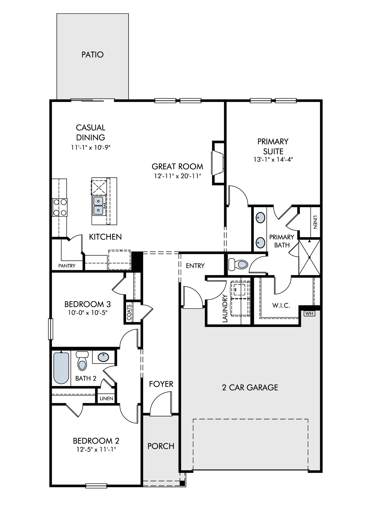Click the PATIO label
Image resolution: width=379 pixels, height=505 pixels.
[x=92, y=55]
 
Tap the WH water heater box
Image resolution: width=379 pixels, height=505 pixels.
[x=309, y=314]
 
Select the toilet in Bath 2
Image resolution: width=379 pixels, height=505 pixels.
[x=82, y=361]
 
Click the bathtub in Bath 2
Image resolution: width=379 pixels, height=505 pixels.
[x=61, y=368]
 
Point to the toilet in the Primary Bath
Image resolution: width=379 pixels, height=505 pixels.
[x=238, y=264]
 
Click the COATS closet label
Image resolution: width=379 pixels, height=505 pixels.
[x=129, y=312]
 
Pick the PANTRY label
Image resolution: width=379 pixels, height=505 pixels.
[x=67, y=266]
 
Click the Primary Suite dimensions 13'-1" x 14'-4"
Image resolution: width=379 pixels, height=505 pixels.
[x=273, y=160]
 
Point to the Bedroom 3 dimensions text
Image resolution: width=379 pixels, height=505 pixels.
[x=88, y=313]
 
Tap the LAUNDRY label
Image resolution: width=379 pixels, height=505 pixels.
[x=225, y=309]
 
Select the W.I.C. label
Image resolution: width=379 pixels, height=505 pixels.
[x=281, y=306]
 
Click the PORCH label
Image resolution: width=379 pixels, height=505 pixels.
[x=161, y=446]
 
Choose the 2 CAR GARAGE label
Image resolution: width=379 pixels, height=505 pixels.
[x=250, y=388]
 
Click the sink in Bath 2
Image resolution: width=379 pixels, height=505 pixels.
[x=103, y=357]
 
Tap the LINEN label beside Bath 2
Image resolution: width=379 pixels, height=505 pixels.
[x=106, y=398]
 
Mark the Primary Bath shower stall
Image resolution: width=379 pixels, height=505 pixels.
[x=310, y=257]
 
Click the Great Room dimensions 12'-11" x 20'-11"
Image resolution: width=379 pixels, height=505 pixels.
[x=177, y=176]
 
